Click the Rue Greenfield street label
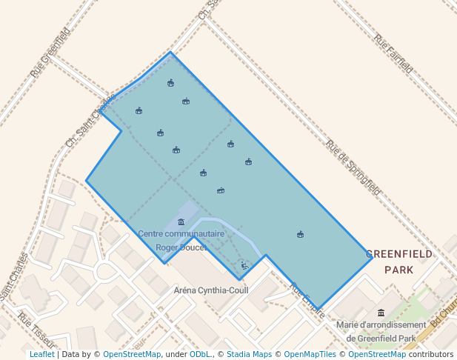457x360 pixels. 50,53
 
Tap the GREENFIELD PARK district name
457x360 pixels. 399,261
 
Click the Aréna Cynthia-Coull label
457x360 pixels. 210,290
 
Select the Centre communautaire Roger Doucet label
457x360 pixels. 181,241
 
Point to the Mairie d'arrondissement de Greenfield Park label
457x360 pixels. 381,331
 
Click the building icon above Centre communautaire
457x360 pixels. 181,222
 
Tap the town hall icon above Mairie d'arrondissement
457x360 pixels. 381,312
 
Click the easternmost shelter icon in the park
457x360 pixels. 300,234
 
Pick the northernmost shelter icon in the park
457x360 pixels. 170,83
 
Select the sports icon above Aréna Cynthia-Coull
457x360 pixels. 244,265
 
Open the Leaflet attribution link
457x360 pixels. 41,354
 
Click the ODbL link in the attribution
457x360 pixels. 200,354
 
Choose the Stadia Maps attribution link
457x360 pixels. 247,354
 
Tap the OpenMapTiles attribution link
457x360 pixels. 310,354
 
